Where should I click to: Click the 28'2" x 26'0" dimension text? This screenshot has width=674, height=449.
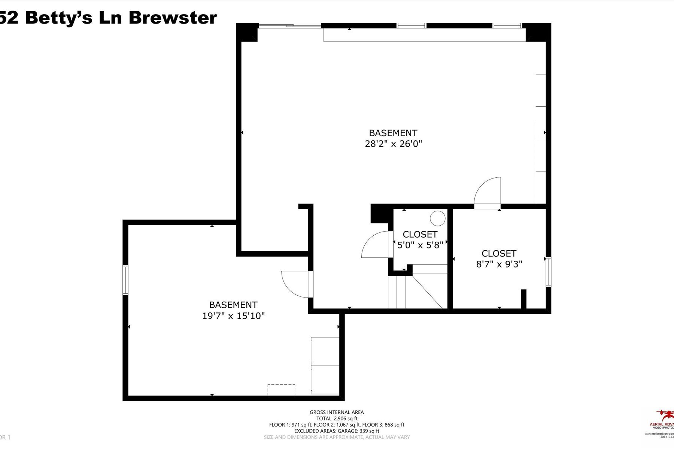(393, 144)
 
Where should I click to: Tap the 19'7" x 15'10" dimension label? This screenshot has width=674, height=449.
(233, 316)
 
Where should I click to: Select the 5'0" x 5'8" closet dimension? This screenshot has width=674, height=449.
(420, 245)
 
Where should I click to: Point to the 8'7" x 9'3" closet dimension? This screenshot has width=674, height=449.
(499, 264)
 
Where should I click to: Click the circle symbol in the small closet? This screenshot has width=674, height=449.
(437, 218)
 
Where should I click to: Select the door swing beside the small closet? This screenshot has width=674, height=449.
(376, 245)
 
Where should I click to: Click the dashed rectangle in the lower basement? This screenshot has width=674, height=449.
(281, 390)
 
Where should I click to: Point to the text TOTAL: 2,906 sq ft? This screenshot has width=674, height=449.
(336, 418)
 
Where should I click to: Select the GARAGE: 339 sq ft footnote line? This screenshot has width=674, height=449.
(336, 431)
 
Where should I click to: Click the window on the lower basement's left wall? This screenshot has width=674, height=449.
(125, 280)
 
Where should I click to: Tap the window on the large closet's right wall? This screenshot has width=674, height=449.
(548, 272)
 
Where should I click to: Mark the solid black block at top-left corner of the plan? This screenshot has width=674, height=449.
(247, 32)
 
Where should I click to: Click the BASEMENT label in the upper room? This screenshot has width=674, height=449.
(393, 133)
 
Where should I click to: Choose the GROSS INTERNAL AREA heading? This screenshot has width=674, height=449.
(336, 412)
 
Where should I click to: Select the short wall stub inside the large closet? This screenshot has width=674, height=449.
(523, 299)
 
